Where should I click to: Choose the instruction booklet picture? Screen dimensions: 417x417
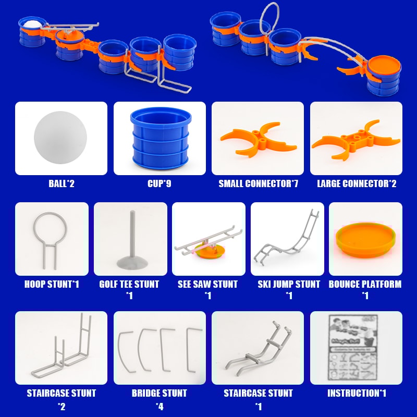coord(356,347)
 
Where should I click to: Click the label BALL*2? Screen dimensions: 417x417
coord(61,183)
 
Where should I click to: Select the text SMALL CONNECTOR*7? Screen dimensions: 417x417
coord(258,183)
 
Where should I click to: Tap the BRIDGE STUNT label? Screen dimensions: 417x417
coord(160,393)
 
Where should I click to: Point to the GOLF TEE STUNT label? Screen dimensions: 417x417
coord(129,284)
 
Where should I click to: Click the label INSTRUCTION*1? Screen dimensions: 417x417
coord(356,393)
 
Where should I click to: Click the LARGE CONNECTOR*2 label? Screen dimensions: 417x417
coord(356,183)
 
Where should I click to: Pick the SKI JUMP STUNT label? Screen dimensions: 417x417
coord(288,284)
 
